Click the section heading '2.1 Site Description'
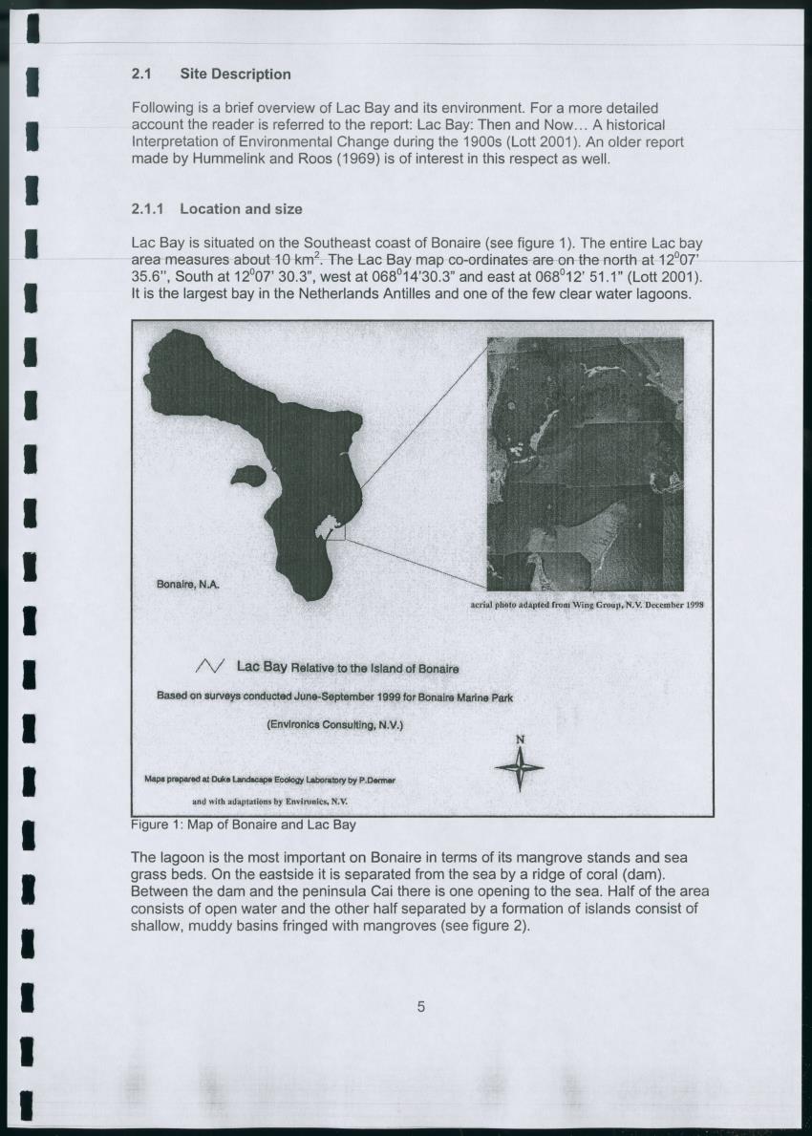(210, 74)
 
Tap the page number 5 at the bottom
(420, 1006)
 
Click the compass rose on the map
(520, 768)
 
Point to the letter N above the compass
(520, 739)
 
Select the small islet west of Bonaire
(247, 474)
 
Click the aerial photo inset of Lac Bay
(585, 463)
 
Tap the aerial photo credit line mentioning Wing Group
(588, 605)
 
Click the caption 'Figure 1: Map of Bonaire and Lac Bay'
(243, 824)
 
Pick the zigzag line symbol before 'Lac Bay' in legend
(209, 666)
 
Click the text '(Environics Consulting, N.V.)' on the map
(334, 725)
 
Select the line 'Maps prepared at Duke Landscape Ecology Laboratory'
(269, 780)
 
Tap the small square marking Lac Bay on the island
(334, 529)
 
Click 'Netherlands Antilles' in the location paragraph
(365, 294)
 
